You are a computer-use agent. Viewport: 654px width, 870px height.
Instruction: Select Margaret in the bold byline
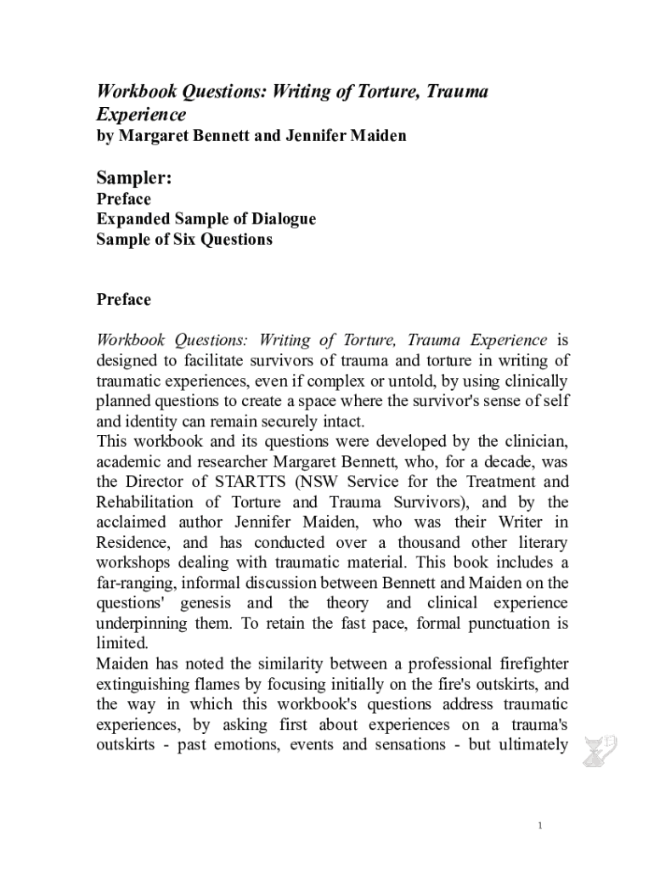click(x=155, y=135)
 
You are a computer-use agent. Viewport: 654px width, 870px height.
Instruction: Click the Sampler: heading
click(x=134, y=177)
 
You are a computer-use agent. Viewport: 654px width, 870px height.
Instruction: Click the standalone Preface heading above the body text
click(x=124, y=299)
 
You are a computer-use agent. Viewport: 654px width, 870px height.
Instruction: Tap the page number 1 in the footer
click(x=540, y=827)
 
